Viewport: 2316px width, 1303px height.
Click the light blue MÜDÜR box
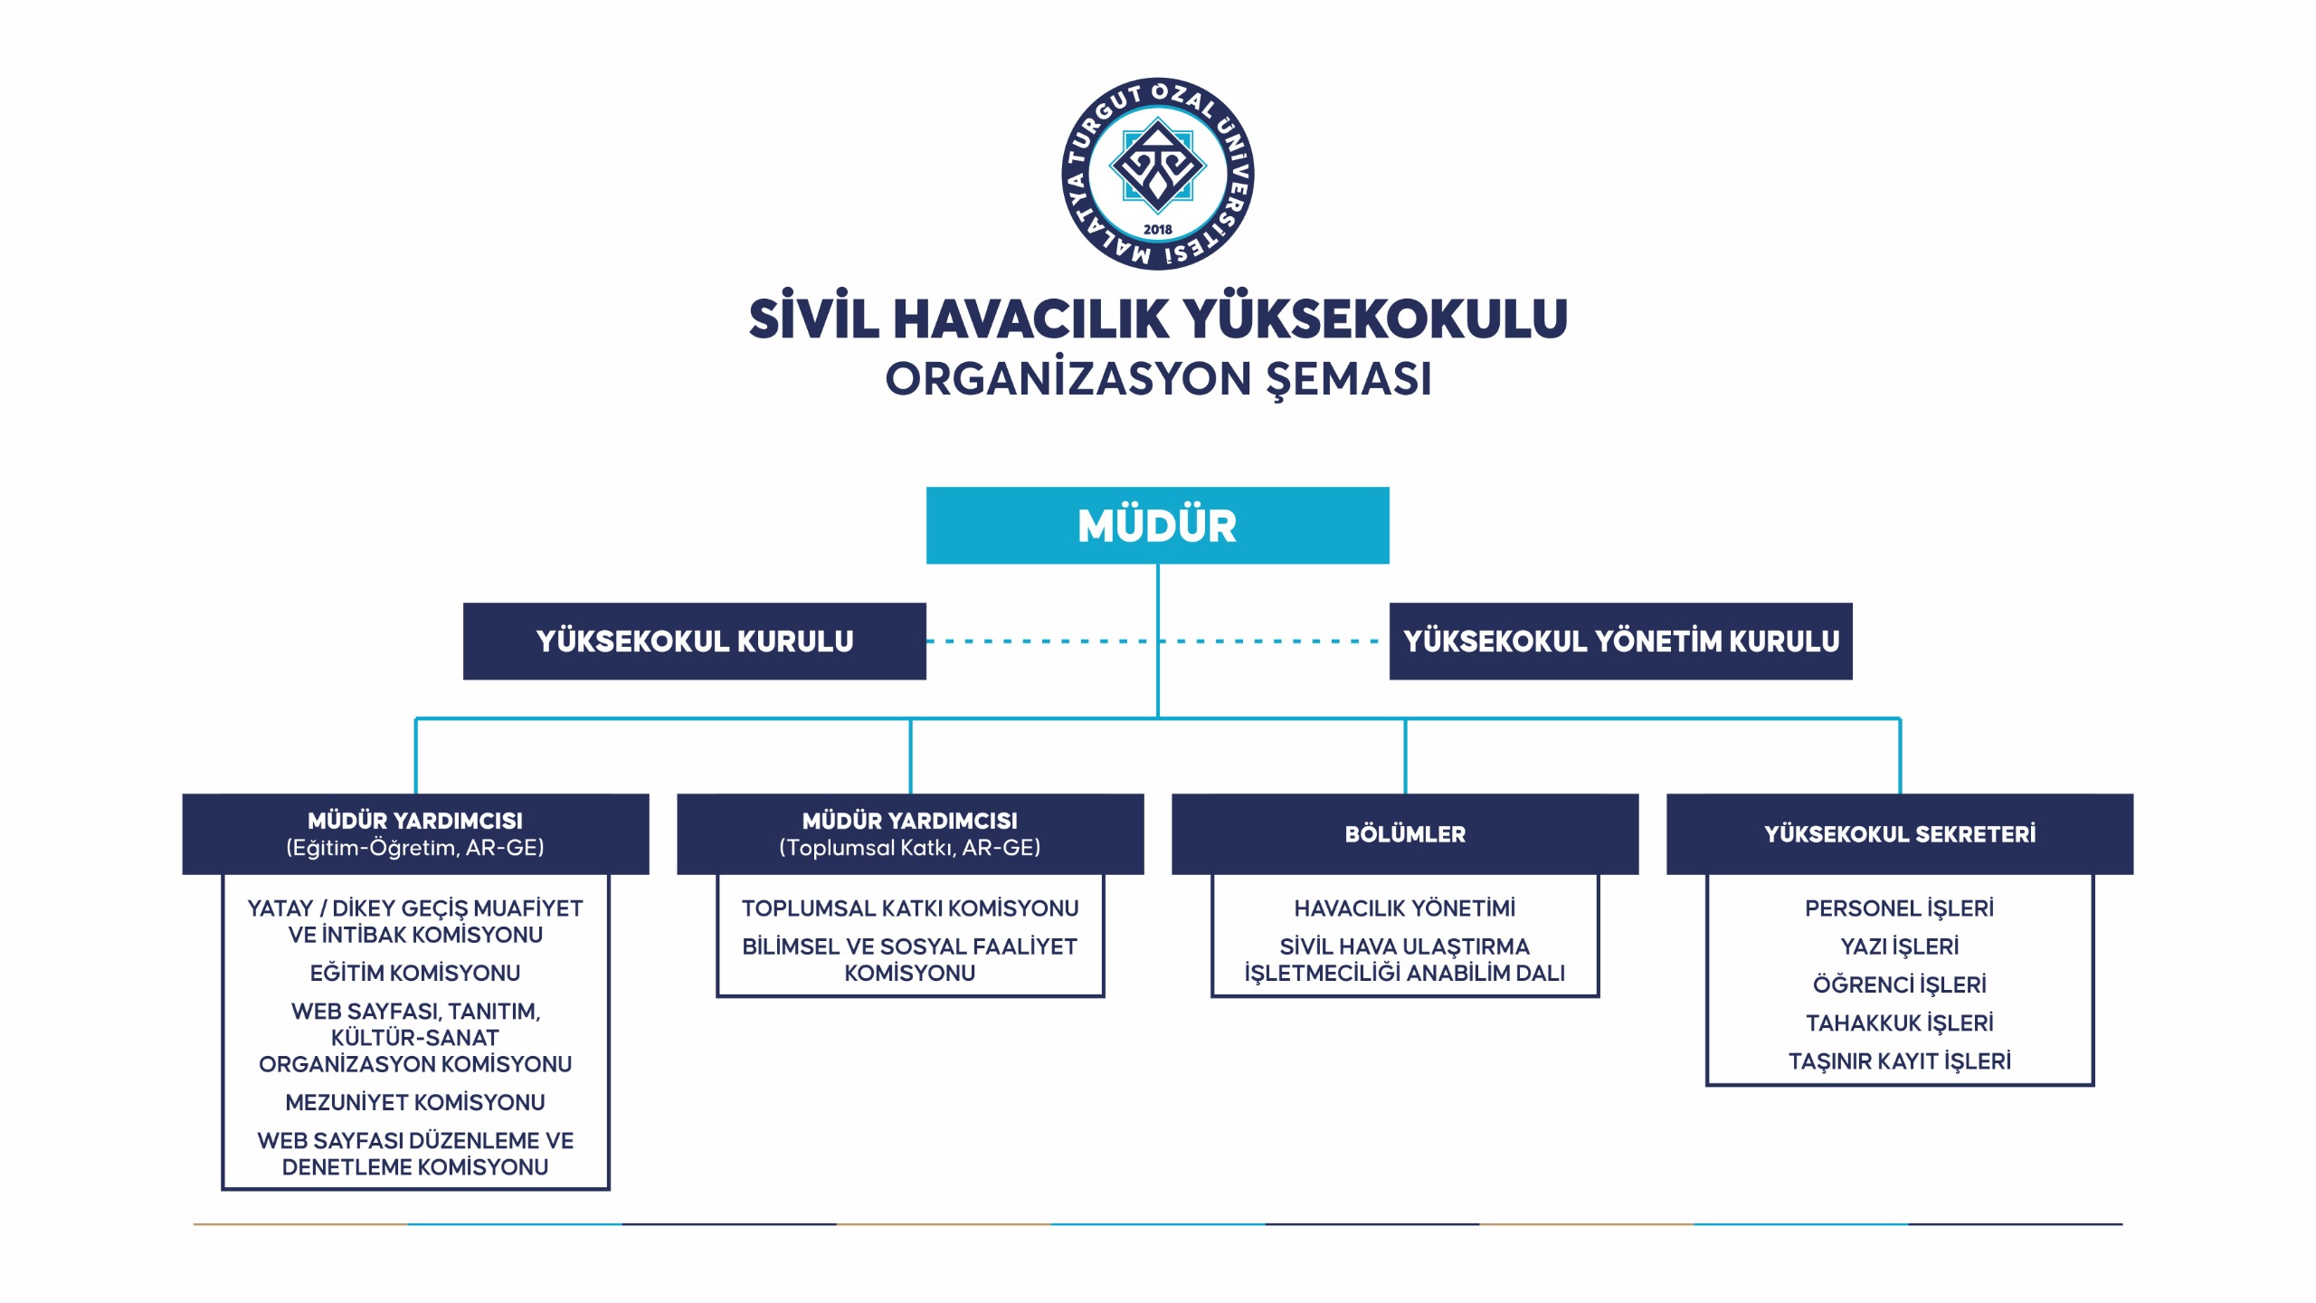pyautogui.click(x=1157, y=526)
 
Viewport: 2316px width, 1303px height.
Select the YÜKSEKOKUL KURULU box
pyautogui.click(x=694, y=642)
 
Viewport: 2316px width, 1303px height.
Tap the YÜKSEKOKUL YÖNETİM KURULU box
pyautogui.click(x=1620, y=642)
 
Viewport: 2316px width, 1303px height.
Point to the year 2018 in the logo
pyautogui.click(x=1157, y=230)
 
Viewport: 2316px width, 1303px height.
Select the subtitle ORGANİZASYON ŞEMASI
pyautogui.click(x=1157, y=379)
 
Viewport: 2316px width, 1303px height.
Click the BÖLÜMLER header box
pyautogui.click(x=1404, y=834)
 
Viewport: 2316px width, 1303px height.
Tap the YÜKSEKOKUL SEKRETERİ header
pyautogui.click(x=1899, y=834)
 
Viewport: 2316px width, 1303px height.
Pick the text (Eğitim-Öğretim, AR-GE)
pyautogui.click(x=415, y=848)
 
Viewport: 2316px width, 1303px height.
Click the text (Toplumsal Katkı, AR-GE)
pyautogui.click(x=909, y=848)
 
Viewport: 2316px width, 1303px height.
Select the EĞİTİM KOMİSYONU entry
pyautogui.click(x=415, y=973)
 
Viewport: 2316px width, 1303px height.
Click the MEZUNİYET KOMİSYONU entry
pyautogui.click(x=415, y=1102)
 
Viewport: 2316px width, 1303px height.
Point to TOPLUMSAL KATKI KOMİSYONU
pyautogui.click(x=909, y=908)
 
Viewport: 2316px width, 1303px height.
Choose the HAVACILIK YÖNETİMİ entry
pyautogui.click(x=1404, y=908)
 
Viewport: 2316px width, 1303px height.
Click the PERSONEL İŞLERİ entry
pyautogui.click(x=1899, y=908)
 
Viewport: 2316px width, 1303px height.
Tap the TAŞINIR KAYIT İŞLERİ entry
pyautogui.click(x=1899, y=1060)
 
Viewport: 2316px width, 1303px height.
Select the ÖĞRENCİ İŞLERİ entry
pyautogui.click(x=1899, y=984)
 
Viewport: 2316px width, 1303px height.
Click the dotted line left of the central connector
pyautogui.click(x=1040, y=642)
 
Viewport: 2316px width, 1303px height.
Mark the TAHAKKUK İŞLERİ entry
pyautogui.click(x=1899, y=1022)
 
